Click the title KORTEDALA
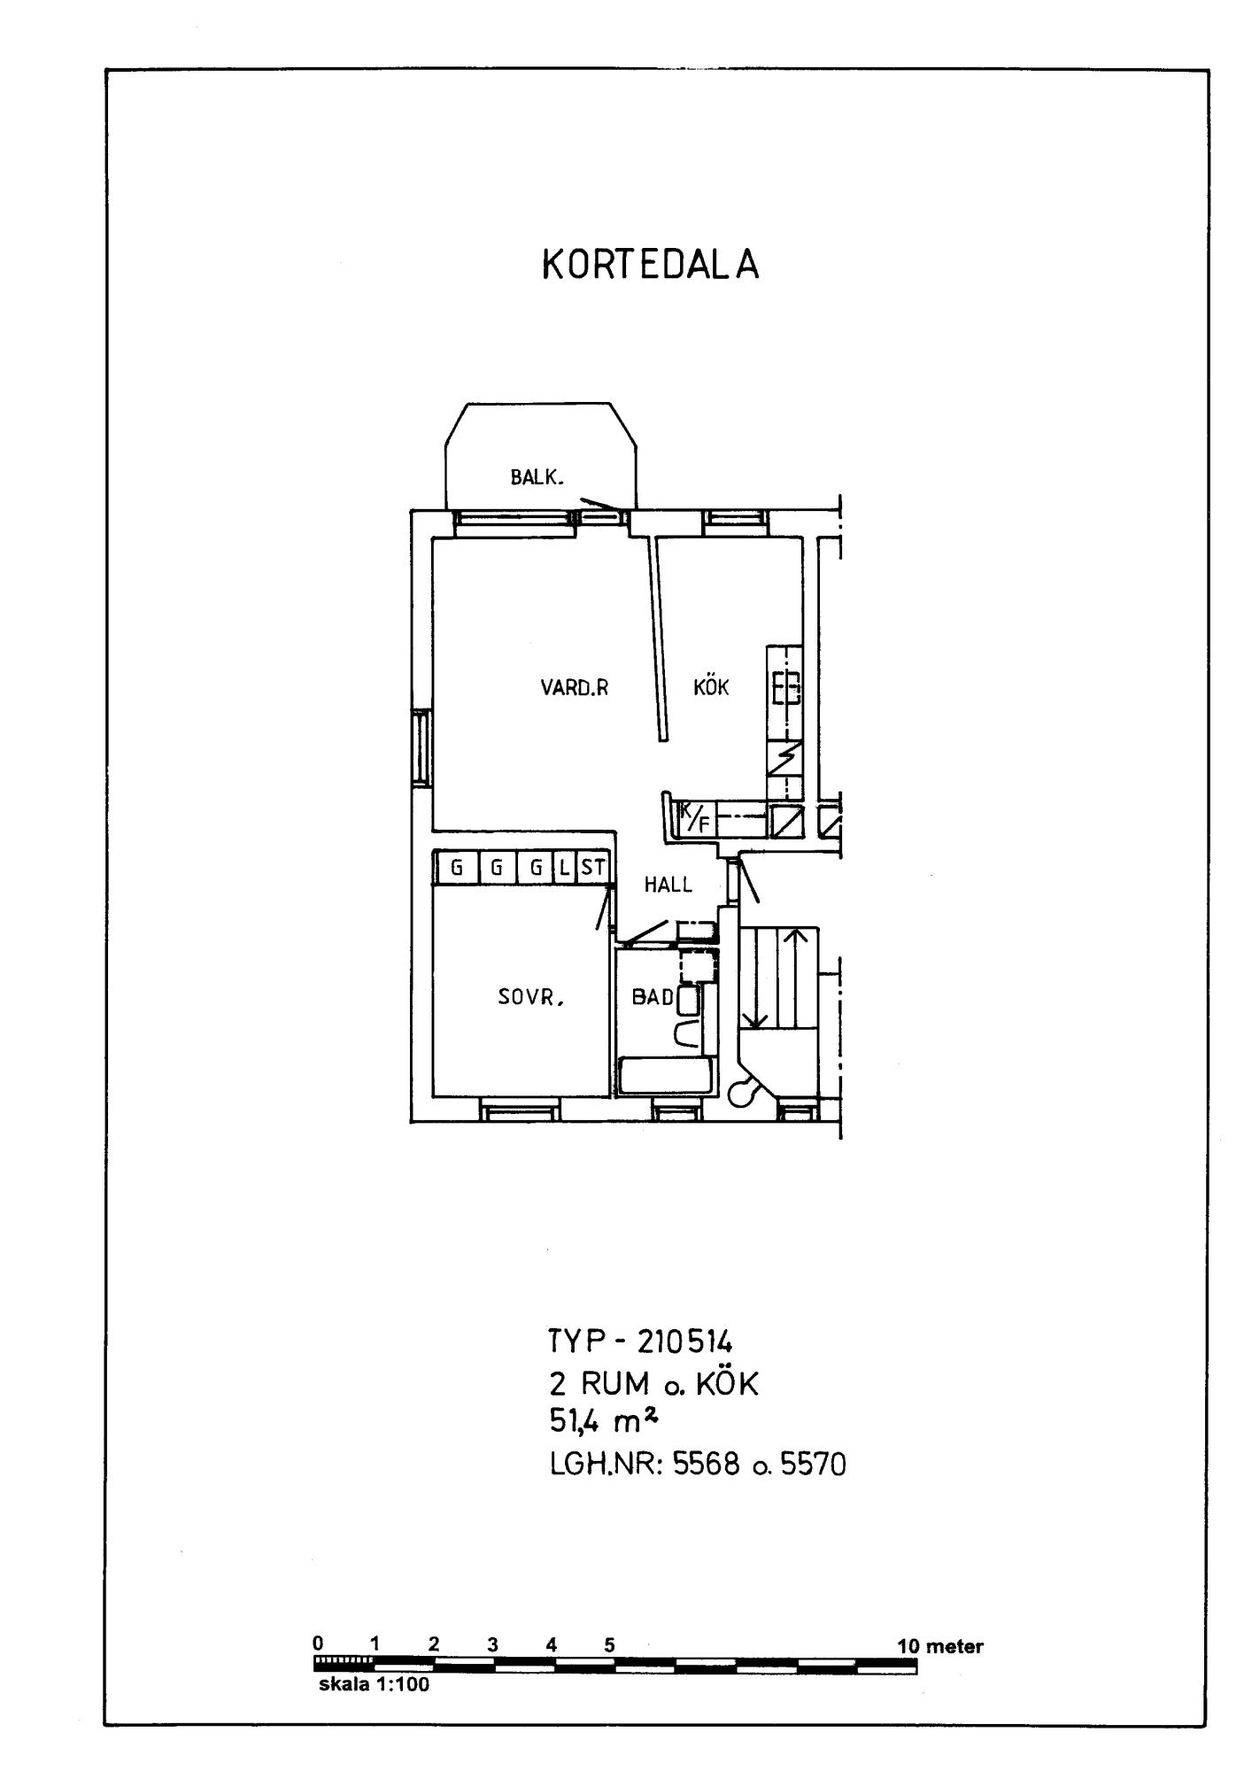(651, 265)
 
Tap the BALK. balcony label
(537, 477)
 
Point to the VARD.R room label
(575, 687)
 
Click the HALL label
(668, 885)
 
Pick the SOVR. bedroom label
(530, 998)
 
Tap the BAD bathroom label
(653, 997)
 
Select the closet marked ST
(592, 868)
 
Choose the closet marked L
(565, 868)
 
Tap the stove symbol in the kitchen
(785, 688)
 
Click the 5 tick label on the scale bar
(609, 1645)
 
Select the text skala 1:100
(374, 1685)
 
